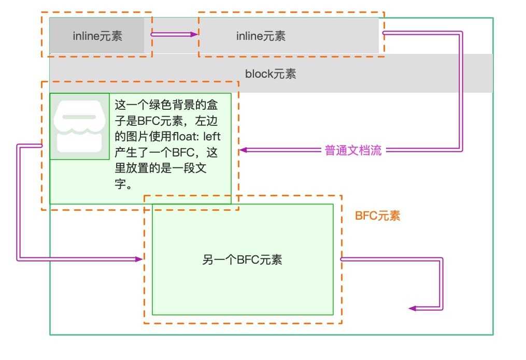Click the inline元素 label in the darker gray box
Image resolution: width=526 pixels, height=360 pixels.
(x=97, y=36)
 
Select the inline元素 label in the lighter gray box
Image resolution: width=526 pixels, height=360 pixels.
(x=261, y=36)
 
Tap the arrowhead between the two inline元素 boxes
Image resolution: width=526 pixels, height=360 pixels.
(x=194, y=35)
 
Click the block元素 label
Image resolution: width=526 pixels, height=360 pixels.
(x=271, y=74)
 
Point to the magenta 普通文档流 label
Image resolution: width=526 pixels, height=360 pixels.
(x=353, y=150)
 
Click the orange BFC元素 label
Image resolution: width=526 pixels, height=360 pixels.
(x=377, y=216)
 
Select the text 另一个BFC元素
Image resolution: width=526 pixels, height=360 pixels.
(x=242, y=260)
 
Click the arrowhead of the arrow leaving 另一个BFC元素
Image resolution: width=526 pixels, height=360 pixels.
(x=413, y=308)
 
